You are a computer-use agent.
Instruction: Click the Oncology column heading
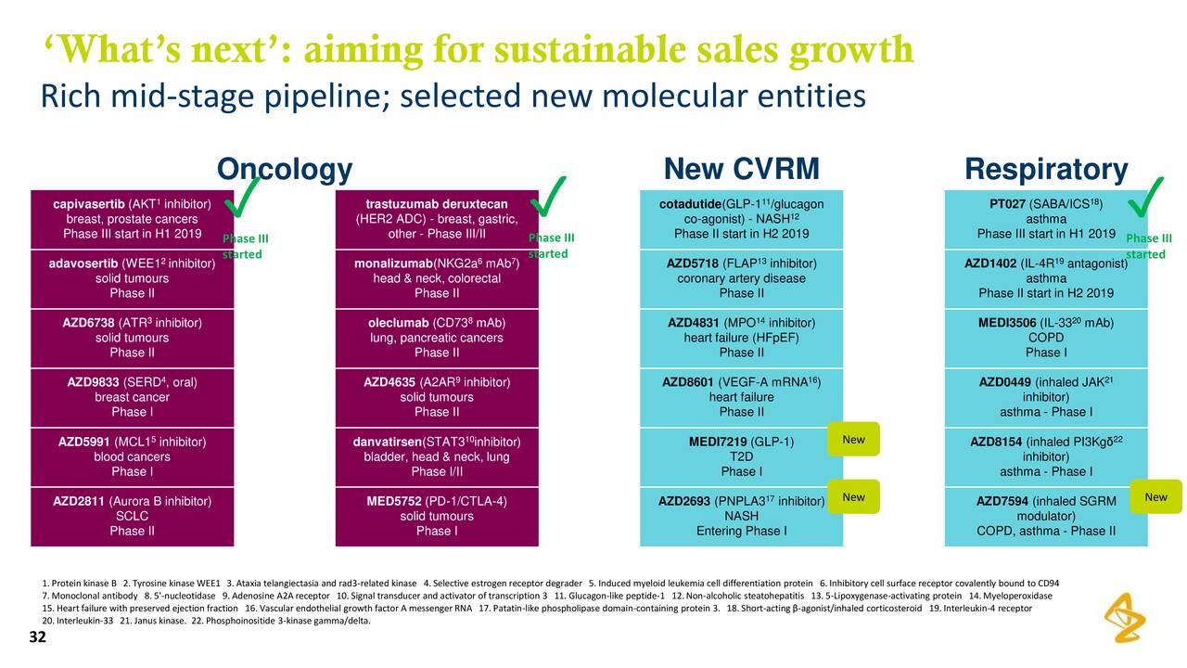(x=284, y=170)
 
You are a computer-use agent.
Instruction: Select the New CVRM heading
(x=741, y=170)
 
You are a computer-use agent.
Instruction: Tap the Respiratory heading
(x=1045, y=170)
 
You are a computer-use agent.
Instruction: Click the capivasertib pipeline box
(x=132, y=219)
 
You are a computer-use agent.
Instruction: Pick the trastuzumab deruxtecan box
(x=437, y=219)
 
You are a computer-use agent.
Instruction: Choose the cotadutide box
(x=741, y=219)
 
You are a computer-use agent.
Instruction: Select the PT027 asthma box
(x=1045, y=219)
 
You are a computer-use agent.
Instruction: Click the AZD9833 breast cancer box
(x=132, y=397)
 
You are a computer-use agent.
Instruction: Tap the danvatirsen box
(x=437, y=456)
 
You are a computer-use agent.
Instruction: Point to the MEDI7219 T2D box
(x=741, y=456)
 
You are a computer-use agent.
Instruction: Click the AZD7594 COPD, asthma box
(x=1045, y=516)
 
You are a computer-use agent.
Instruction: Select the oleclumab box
(x=437, y=338)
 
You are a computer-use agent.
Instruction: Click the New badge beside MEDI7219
(x=853, y=440)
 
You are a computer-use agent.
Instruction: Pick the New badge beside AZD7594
(x=1155, y=497)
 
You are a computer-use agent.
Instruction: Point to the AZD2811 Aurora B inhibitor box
(x=132, y=516)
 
